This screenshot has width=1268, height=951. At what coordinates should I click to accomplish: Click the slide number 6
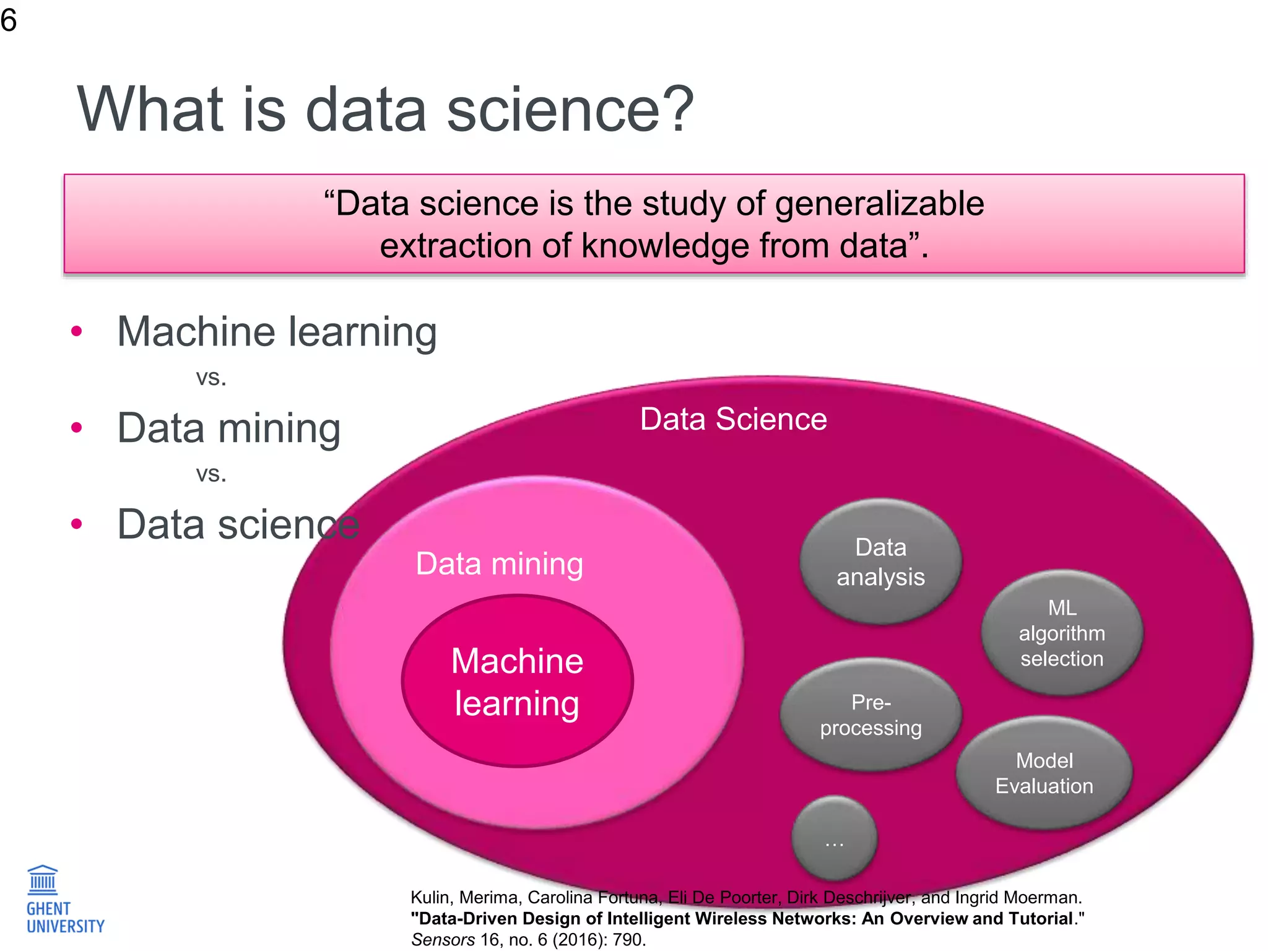[x=9, y=20]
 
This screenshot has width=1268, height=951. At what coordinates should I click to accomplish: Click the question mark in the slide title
[x=679, y=110]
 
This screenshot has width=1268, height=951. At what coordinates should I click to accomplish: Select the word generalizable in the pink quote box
[x=879, y=204]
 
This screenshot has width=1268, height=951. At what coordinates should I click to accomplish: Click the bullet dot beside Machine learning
[x=77, y=331]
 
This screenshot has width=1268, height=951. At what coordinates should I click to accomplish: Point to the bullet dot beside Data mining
[x=77, y=427]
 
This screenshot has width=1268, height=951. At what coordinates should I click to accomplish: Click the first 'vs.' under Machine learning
[x=211, y=377]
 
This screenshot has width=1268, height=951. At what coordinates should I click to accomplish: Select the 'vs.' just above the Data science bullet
[x=211, y=474]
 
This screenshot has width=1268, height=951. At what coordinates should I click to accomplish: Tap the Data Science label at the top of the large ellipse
[x=733, y=419]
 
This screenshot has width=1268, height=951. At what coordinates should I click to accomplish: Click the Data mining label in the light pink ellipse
[x=499, y=564]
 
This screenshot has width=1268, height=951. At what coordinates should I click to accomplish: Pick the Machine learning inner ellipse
[x=518, y=682]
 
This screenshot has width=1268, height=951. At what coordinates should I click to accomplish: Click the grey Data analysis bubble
[x=880, y=562]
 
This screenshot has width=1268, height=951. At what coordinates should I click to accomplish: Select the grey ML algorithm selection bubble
[x=1062, y=633]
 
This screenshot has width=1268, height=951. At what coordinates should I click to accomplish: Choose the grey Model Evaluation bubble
[x=1044, y=773]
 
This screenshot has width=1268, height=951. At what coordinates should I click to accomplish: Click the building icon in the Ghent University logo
[x=43, y=880]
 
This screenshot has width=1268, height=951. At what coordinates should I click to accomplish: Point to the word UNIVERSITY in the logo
[x=66, y=926]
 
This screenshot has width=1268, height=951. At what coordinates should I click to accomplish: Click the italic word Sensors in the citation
[x=443, y=940]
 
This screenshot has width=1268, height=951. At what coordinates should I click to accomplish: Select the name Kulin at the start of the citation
[x=430, y=897]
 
